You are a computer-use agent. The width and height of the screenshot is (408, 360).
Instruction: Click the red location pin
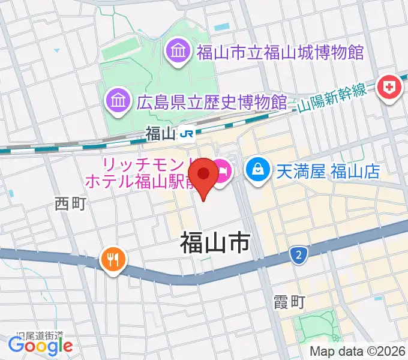pos(203,175)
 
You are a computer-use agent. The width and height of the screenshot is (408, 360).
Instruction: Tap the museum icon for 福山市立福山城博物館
pos(178,51)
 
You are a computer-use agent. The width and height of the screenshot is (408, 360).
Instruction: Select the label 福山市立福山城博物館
pos(280,52)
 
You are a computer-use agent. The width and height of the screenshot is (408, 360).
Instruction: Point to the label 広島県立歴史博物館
pos(211,101)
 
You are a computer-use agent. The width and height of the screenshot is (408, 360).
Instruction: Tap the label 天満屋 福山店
pos(328,172)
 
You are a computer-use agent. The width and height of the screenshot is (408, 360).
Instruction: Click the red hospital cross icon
pos(388,88)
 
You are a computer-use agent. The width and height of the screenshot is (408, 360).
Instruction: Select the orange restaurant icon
pos(113,260)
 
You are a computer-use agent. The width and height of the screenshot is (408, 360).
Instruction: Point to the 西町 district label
pos(71,203)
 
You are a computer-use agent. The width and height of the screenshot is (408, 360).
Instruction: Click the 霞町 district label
pos(289,301)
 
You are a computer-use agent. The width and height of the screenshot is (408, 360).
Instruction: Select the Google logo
pos(41,345)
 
